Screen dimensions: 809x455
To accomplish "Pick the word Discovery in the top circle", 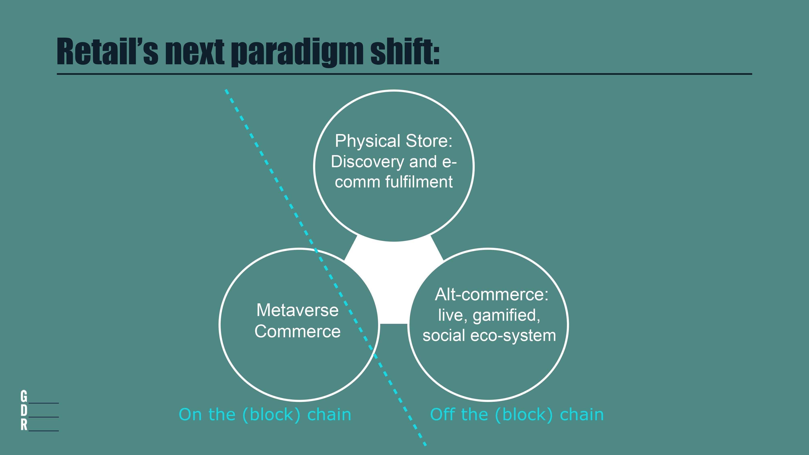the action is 367,162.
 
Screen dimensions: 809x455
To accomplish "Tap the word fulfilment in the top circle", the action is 419,182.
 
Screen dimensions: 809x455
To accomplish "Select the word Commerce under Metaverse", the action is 297,331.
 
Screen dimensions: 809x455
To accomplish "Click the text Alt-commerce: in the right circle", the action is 491,295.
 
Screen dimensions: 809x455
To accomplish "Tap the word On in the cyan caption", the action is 190,415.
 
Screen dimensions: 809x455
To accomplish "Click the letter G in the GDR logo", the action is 24,396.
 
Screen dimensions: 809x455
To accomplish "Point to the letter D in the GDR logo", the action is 24,411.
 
